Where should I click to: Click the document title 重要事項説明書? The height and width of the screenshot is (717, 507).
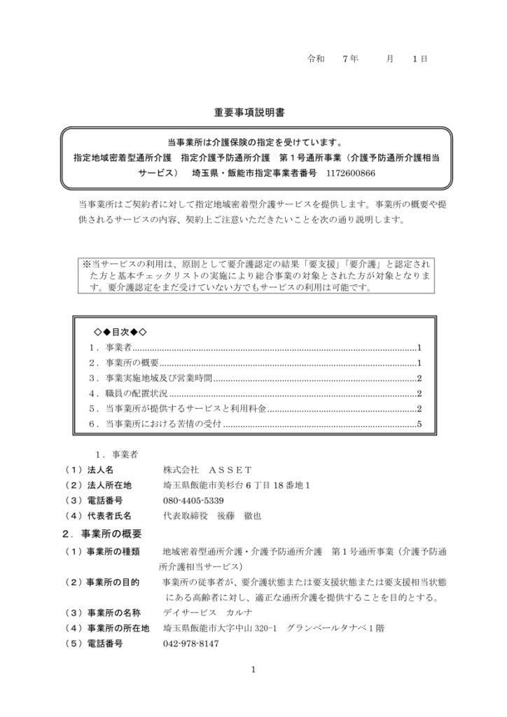pos(253,111)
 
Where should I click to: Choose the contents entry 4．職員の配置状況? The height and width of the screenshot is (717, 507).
pos(127,394)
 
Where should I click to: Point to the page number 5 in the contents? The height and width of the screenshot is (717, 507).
pos(418,424)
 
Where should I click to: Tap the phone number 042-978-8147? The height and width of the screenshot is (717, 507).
pos(190,643)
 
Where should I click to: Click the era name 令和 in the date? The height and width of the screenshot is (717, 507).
pos(317,59)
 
